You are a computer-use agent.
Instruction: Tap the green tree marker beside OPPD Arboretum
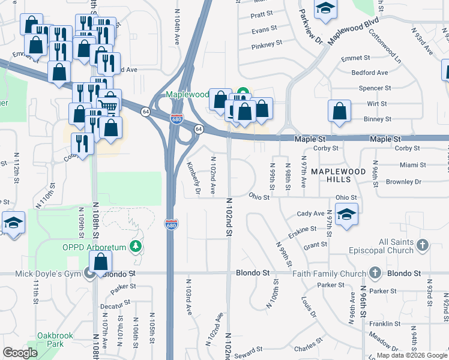(137, 246)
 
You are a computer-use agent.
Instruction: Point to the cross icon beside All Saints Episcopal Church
(423, 245)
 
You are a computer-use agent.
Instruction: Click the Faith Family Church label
(330, 273)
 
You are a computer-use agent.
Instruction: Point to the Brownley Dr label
(405, 181)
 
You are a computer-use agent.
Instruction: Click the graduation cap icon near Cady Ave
(346, 214)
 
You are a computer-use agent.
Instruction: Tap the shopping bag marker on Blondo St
(101, 262)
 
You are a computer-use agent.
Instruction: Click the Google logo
(20, 353)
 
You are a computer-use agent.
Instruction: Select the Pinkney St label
(267, 44)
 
